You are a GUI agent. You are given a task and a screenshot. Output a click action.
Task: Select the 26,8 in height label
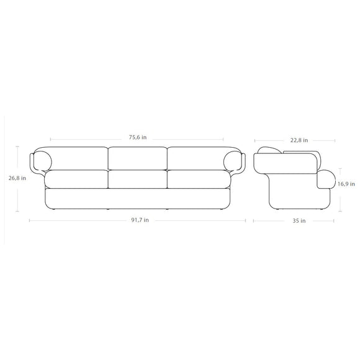point(17,178)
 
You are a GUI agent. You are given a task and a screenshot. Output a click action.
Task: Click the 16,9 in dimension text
point(346,184)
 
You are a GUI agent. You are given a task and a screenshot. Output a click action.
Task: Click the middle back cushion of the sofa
point(138,158)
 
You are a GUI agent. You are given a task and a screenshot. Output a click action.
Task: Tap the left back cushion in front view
point(81,158)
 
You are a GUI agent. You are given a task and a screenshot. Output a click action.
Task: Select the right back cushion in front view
point(196,158)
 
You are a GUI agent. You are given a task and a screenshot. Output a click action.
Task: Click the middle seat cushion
point(138,179)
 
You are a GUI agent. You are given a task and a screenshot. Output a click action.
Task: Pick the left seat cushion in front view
point(78,179)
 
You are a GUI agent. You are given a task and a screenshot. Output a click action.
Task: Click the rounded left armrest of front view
point(42,160)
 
